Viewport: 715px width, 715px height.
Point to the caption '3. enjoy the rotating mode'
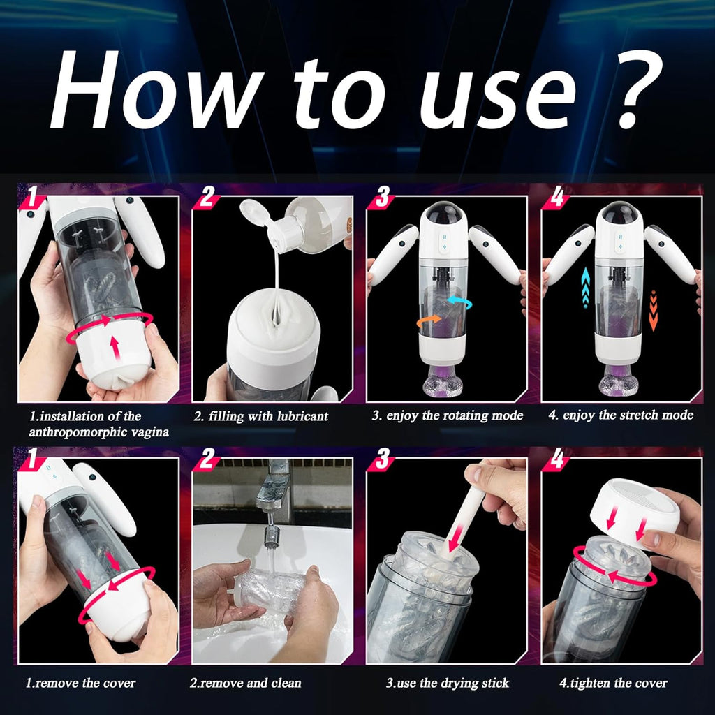click(447, 415)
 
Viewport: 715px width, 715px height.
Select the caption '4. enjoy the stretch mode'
click(621, 415)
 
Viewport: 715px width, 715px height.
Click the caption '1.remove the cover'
click(81, 683)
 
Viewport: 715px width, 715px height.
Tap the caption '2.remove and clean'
click(245, 683)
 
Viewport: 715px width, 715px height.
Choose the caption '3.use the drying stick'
click(448, 683)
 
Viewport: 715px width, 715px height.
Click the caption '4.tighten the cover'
click(613, 683)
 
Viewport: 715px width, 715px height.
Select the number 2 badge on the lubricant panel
click(206, 198)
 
